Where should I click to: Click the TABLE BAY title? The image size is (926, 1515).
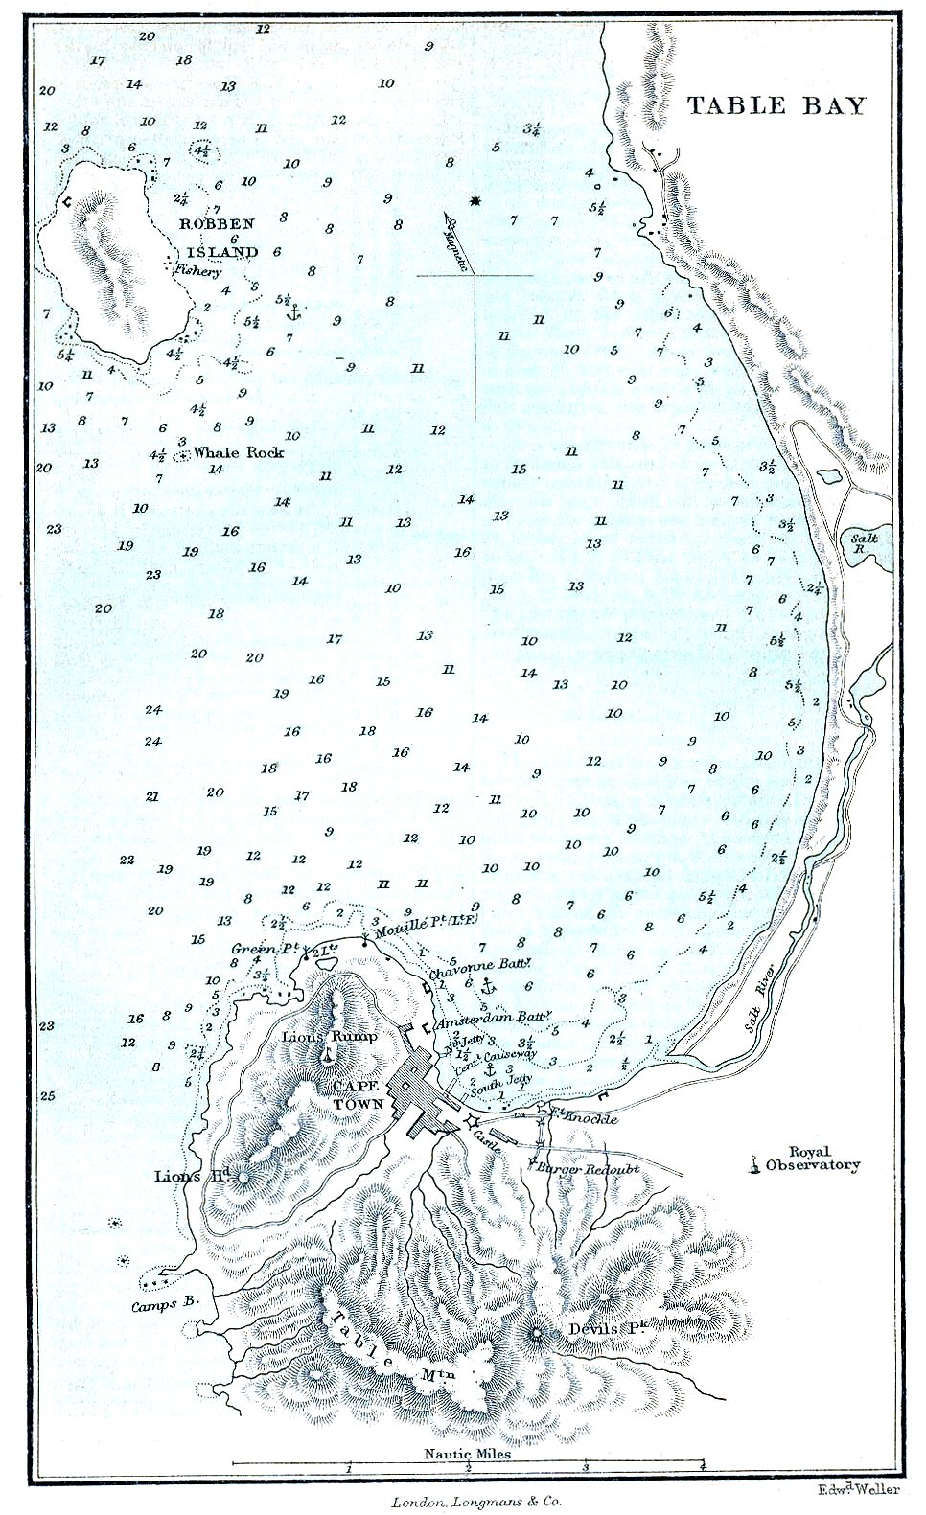(x=776, y=105)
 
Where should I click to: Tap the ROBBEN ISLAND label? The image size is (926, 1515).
(x=221, y=238)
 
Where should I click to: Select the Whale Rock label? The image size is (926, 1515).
(x=239, y=452)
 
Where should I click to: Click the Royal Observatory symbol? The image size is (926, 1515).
(x=756, y=1165)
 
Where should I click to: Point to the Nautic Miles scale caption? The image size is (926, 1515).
(x=468, y=1453)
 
